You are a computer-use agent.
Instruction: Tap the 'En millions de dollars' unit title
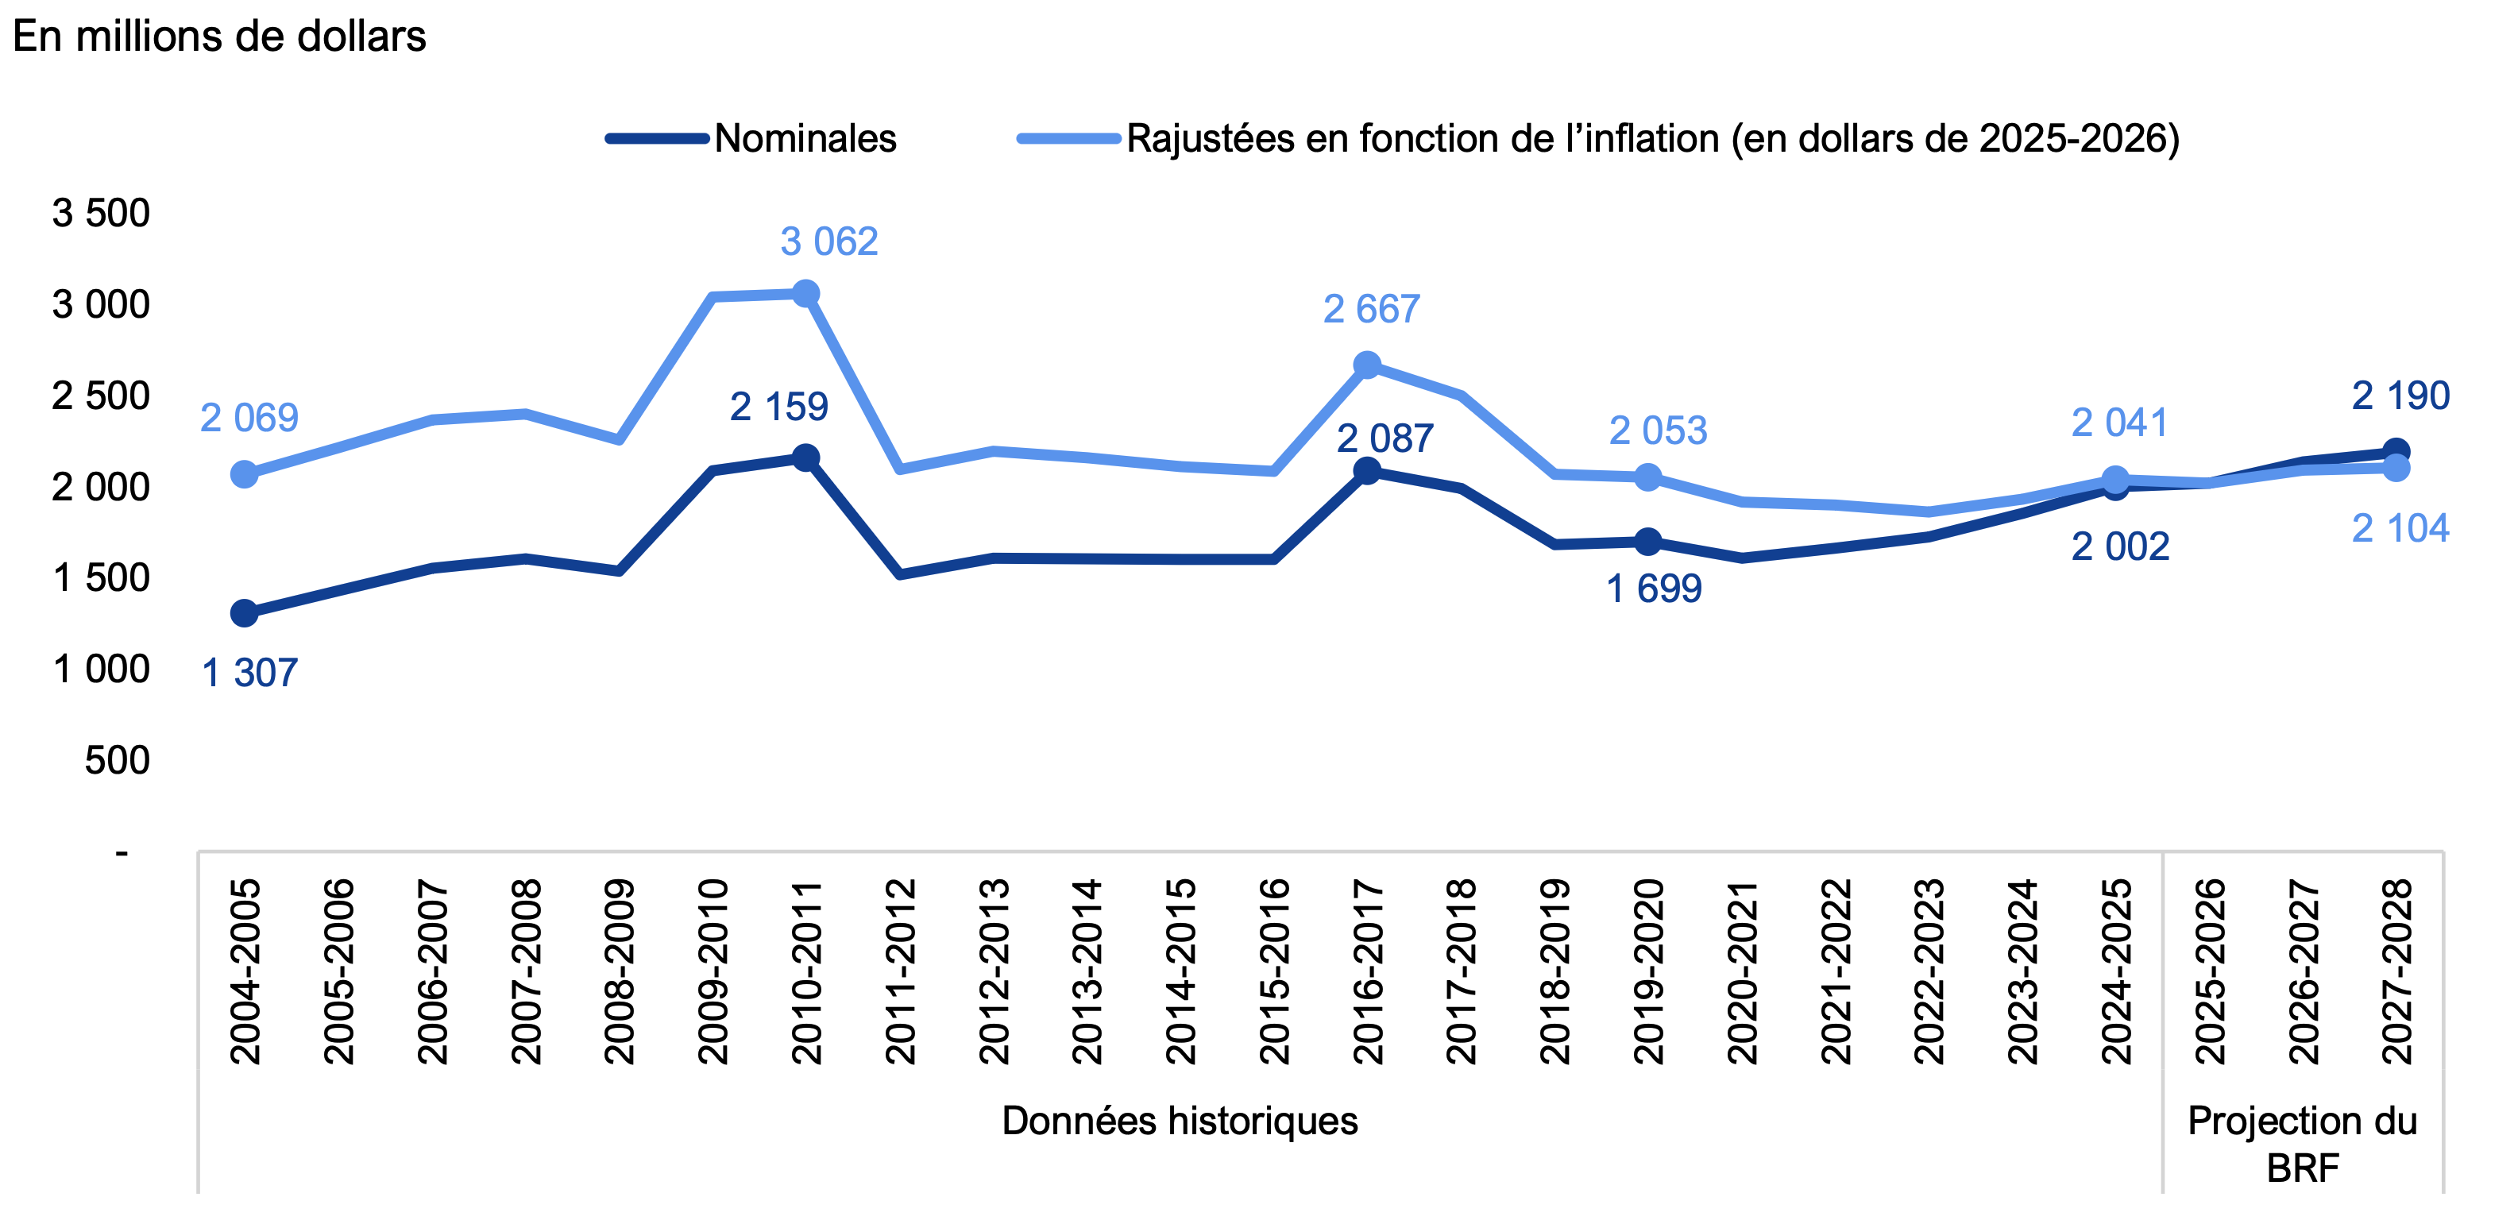click(x=219, y=37)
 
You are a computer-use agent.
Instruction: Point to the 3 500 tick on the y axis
click(x=101, y=213)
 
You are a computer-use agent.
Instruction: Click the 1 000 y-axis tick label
click(x=101, y=670)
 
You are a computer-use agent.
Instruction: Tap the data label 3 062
click(x=829, y=241)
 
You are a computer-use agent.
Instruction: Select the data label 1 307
click(x=249, y=674)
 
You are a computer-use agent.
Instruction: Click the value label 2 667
click(x=1372, y=310)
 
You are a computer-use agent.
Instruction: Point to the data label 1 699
click(x=1654, y=589)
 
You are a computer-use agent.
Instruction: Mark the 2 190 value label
click(x=2400, y=396)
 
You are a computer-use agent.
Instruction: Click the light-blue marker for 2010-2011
click(x=805, y=293)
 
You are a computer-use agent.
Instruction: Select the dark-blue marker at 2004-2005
click(x=245, y=613)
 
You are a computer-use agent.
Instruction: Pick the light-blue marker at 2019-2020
click(x=1648, y=477)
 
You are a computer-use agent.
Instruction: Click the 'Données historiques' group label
click(x=1180, y=1120)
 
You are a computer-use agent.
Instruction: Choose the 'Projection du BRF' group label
click(x=2302, y=1144)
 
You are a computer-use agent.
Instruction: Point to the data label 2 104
click(x=2400, y=529)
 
